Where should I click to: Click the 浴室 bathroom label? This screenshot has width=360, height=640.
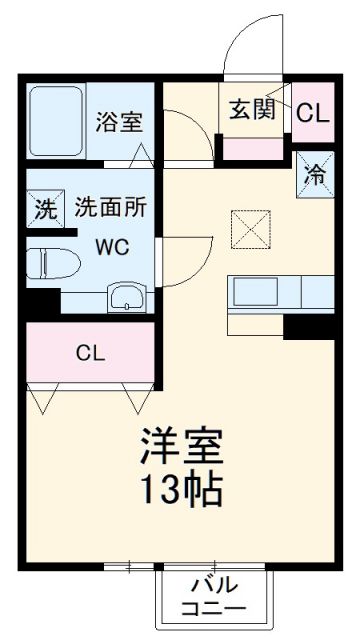pos(120,122)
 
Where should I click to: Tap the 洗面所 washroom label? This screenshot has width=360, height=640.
pos(111,208)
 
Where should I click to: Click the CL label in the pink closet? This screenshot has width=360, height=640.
pos(90,353)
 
